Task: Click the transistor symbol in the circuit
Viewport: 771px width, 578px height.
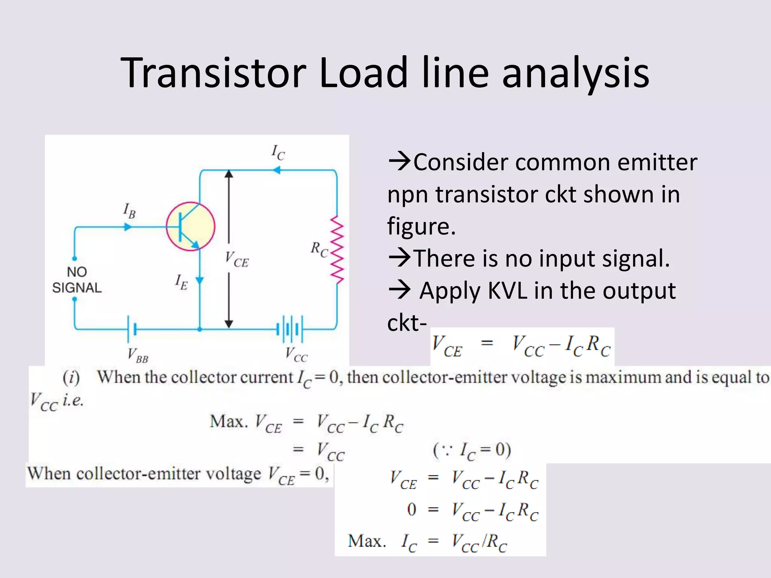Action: [190, 227]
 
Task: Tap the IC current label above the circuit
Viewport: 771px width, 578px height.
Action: [278, 152]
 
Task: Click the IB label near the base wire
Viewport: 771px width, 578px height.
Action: [129, 211]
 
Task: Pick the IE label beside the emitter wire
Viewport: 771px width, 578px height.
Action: [181, 282]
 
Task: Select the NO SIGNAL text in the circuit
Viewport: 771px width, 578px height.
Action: [77, 280]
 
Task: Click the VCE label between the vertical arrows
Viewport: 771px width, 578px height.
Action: [237, 260]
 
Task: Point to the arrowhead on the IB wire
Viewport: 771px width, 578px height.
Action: [128, 227]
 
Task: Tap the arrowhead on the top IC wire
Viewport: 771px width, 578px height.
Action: [276, 170]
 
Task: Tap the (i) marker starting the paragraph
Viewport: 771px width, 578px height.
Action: [71, 377]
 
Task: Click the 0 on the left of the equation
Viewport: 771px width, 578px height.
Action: [411, 510]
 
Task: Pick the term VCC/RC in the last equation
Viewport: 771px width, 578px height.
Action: [479, 542]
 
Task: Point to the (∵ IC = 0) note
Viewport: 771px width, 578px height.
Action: [472, 450]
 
